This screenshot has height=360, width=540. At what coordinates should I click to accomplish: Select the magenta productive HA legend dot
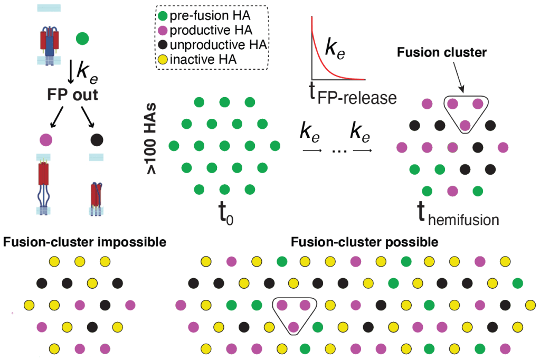pos(163,31)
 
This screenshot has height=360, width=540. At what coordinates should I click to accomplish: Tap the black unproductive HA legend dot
pos(163,45)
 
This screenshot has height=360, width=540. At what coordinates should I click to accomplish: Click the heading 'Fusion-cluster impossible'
pos(85,243)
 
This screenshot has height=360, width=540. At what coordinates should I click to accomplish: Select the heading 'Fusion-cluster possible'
pos(364,243)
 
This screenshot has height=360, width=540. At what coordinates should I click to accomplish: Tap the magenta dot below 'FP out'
pos(46,140)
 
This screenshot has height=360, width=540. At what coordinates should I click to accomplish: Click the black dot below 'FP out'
pos(97,140)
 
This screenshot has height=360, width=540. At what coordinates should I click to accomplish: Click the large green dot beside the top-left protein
pos(82,39)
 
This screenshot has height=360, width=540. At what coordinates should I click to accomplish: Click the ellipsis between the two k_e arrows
pos(336,150)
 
